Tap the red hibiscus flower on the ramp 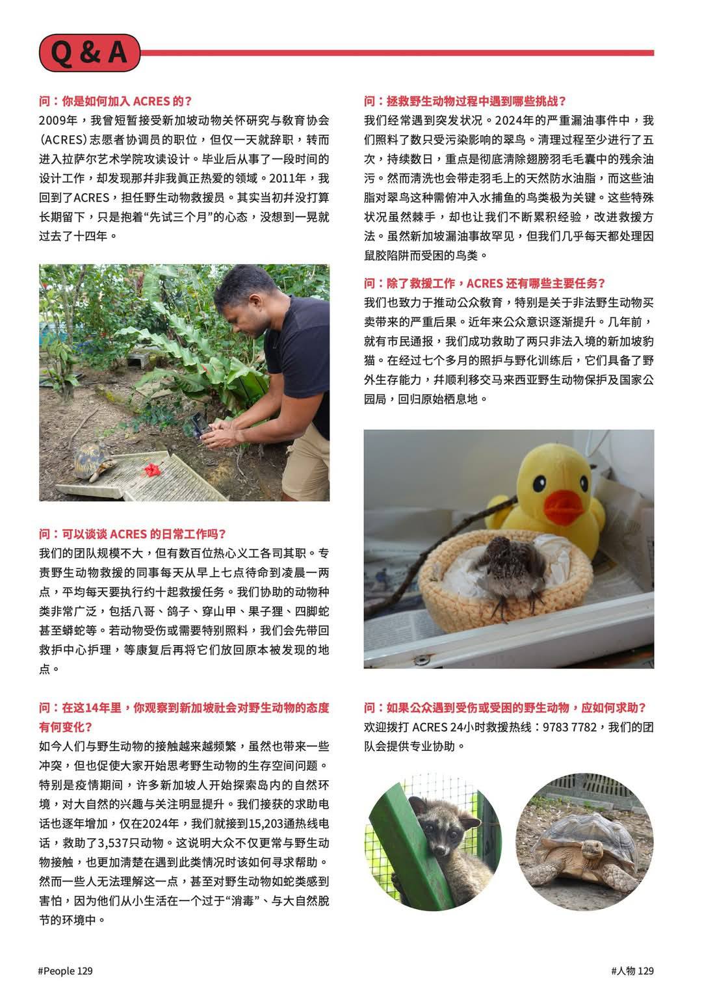153,468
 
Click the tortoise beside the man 96,462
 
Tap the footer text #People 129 66,971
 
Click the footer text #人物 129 632,971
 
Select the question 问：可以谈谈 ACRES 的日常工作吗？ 133,534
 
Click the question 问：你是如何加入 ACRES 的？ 115,101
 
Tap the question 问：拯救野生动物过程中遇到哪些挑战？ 465,101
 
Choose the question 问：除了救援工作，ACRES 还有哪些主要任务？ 484,283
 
